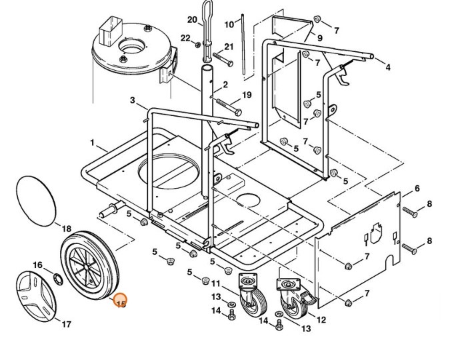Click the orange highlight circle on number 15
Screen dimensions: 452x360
pyautogui.click(x=120, y=300)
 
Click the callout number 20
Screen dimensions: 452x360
pyautogui.click(x=192, y=19)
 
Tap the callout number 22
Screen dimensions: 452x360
pyautogui.click(x=185, y=38)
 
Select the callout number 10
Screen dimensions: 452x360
pyautogui.click(x=229, y=25)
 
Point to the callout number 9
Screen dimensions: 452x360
pyautogui.click(x=320, y=38)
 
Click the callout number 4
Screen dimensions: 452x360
pyautogui.click(x=388, y=67)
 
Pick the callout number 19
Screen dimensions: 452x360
pyautogui.click(x=247, y=95)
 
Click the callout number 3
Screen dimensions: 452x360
pyautogui.click(x=132, y=100)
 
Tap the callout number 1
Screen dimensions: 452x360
pyautogui.click(x=92, y=143)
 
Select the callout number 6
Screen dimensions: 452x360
pyautogui.click(x=417, y=189)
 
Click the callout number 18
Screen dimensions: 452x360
pyautogui.click(x=67, y=229)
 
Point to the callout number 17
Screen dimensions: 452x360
pyautogui.click(x=67, y=324)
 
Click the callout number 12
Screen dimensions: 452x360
pyautogui.click(x=321, y=319)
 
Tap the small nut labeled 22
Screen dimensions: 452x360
pyautogui.click(x=198, y=45)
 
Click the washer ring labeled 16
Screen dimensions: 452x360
pyautogui.click(x=58, y=279)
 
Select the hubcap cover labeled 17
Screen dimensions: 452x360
pyautogui.click(x=36, y=296)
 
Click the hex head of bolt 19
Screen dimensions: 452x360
pyautogui.click(x=238, y=112)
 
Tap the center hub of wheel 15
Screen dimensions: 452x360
pyautogui.click(x=87, y=267)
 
